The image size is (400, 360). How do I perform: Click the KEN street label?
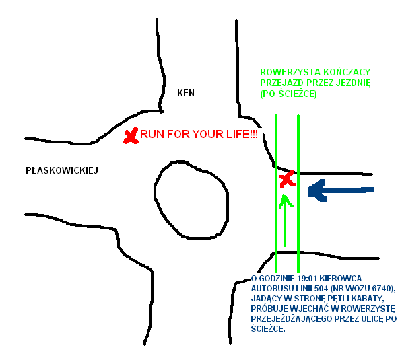pyautogui.click(x=186, y=93)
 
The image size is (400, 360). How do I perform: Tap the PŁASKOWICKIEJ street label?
pyautogui.click(x=62, y=170)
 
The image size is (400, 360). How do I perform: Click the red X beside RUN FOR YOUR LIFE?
pyautogui.click(x=131, y=135)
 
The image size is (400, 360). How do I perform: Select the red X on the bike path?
pyautogui.click(x=288, y=179)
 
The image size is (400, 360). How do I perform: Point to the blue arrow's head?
pyautogui.click(x=317, y=190)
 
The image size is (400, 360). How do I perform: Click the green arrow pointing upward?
pyautogui.click(x=286, y=221)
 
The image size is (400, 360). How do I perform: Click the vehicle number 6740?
pyautogui.click(x=381, y=289)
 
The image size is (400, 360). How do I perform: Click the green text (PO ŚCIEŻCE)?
pyautogui.click(x=288, y=94)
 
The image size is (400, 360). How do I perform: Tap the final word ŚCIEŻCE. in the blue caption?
pyautogui.click(x=268, y=329)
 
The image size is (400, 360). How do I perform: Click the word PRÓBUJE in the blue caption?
pyautogui.click(x=270, y=309)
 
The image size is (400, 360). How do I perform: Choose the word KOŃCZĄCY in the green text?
pyautogui.click(x=347, y=72)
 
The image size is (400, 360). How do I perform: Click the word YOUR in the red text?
pyautogui.click(x=208, y=134)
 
